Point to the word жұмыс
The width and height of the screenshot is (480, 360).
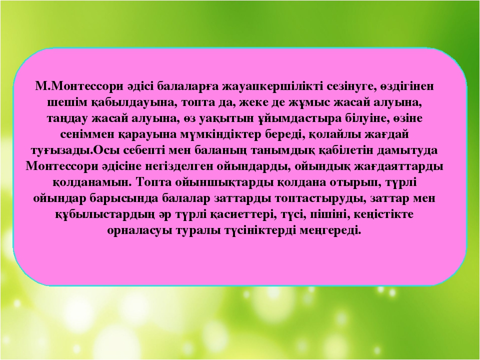point(309,103)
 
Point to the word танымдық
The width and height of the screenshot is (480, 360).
point(285,150)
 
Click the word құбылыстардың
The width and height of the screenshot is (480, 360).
point(104,214)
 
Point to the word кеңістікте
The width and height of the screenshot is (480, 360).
point(383,214)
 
